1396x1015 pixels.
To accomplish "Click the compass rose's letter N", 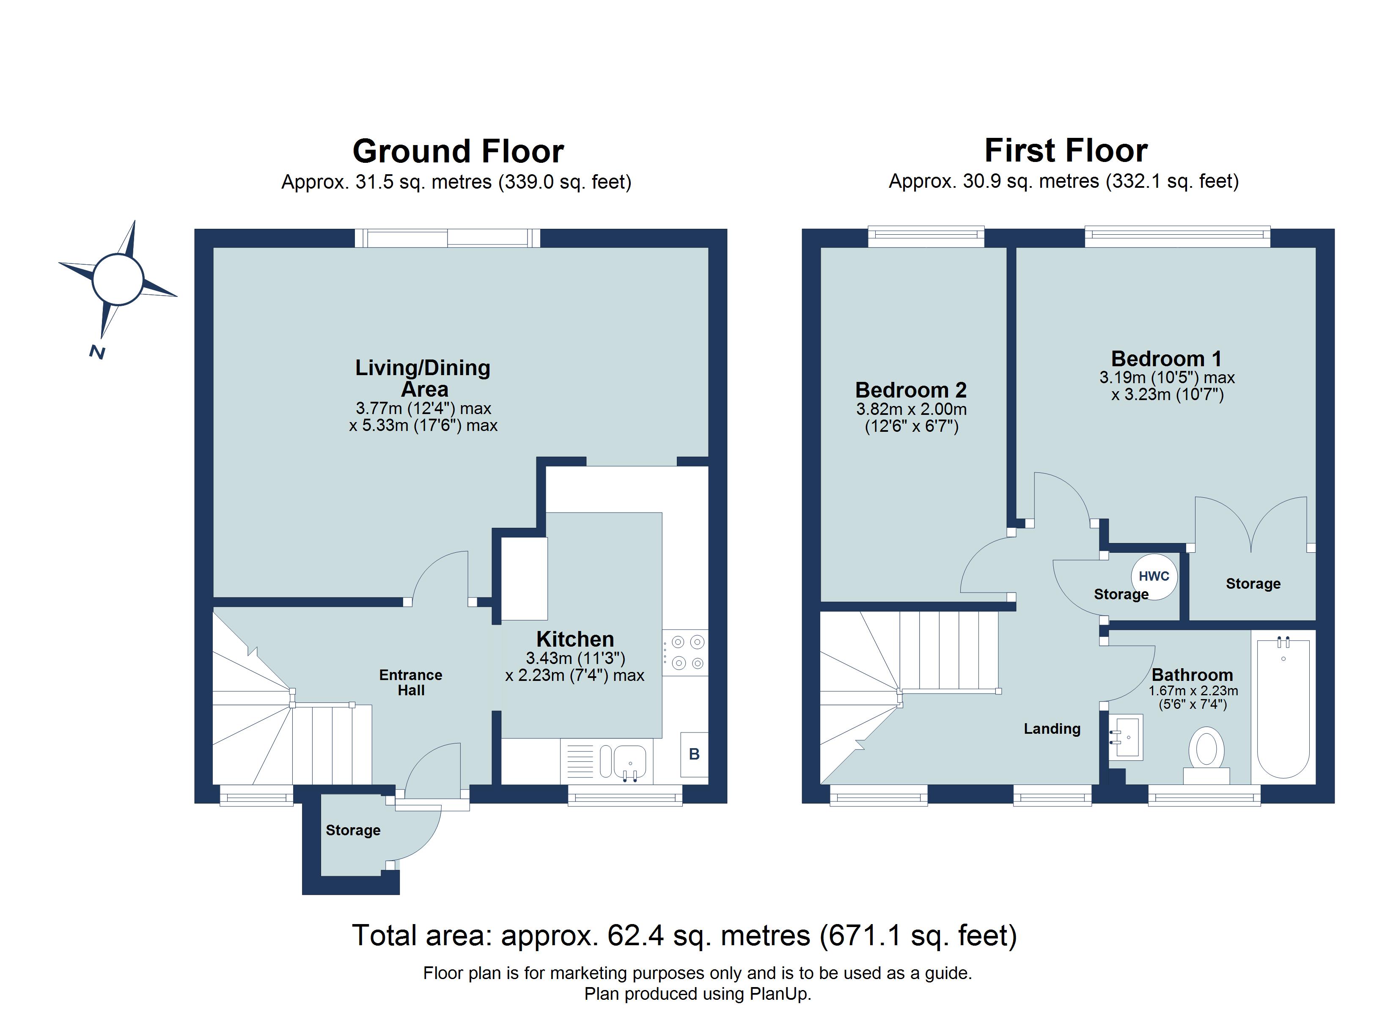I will point(96,352).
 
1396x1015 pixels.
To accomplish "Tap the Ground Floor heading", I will point(458,151).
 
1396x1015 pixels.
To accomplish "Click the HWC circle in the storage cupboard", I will point(1154,576).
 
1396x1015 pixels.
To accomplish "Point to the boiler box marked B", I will point(694,754).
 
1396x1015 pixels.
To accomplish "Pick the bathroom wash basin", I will point(1126,736).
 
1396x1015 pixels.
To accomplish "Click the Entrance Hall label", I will point(411,682).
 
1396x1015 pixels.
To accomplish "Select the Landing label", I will point(1052,729).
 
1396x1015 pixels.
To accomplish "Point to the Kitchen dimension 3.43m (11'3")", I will point(575,658).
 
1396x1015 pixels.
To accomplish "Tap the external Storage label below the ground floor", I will point(353,830).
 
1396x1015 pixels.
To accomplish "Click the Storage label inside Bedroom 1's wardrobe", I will point(1253,584).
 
